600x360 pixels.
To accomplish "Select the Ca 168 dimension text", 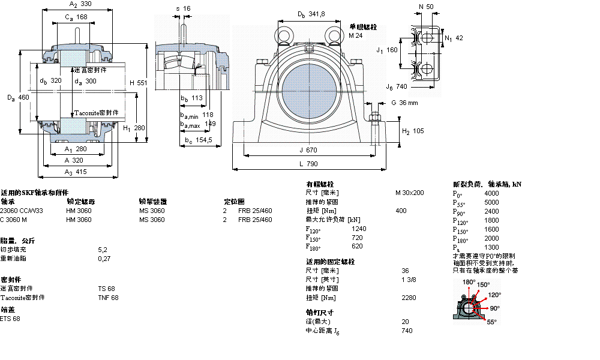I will click(76, 17).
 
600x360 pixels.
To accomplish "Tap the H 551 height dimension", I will click(138, 83).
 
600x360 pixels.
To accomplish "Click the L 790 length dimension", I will click(310, 163).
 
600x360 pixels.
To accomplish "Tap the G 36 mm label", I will click(404, 103).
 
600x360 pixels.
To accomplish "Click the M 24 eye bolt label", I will click(356, 35).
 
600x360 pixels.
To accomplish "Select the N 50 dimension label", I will click(427, 7).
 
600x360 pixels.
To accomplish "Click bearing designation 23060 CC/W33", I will click(22, 211).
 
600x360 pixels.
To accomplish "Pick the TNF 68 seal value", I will click(109, 298).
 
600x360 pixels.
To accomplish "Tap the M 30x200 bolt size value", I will click(409, 193).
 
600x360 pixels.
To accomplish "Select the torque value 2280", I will click(409, 298).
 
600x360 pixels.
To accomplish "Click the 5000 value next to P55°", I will click(491, 202).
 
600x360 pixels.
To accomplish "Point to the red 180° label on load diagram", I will click(469, 281).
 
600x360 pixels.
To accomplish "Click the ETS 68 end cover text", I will click(10, 319).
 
